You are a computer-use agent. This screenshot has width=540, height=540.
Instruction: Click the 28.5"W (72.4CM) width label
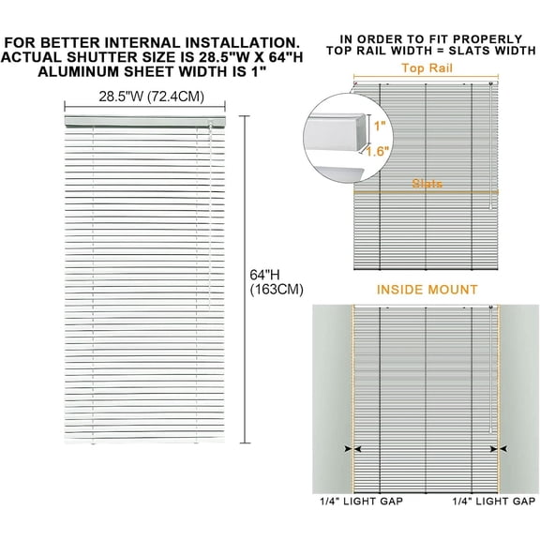[152, 97]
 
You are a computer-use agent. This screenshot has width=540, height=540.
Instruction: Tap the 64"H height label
[264, 275]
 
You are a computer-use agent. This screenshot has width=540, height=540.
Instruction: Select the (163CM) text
[277, 290]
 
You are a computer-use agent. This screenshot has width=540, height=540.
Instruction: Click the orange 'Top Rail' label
[427, 68]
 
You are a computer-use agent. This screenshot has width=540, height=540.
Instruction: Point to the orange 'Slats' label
[427, 183]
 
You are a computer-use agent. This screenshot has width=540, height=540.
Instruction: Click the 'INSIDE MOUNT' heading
[427, 290]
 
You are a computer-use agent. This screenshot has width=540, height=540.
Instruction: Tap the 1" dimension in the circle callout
[380, 126]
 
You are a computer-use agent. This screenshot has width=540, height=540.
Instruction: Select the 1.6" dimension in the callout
[378, 151]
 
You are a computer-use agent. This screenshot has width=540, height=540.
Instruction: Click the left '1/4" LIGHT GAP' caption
[361, 501]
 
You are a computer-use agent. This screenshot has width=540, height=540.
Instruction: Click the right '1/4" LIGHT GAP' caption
[494, 501]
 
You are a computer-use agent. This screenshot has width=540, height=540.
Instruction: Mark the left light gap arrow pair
[352, 449]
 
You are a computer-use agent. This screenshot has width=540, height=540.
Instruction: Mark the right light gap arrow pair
[499, 449]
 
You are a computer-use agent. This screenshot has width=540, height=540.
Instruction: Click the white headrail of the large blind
[144, 121]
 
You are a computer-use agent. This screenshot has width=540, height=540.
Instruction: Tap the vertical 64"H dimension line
[245, 279]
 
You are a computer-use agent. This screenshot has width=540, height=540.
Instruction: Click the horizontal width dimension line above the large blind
[144, 107]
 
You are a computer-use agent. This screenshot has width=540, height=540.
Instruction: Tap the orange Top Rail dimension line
[426, 77]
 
